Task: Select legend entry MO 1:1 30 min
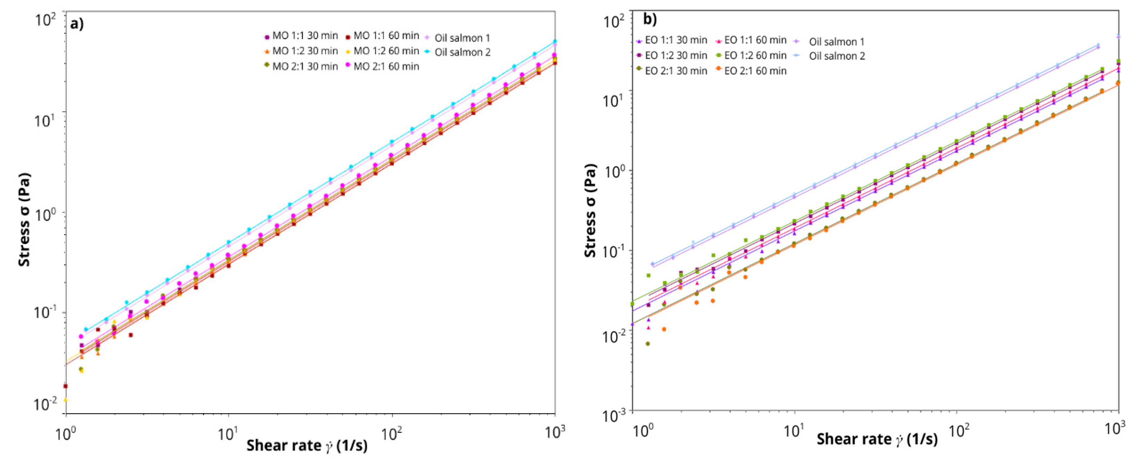(301, 36)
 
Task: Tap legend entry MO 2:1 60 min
(382, 66)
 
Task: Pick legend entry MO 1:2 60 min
(382, 51)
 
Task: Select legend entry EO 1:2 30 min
(672, 56)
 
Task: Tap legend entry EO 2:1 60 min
(751, 71)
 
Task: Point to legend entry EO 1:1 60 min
(751, 40)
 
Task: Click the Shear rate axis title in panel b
(877, 439)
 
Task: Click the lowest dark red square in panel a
(66, 386)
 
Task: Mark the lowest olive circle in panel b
(647, 344)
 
